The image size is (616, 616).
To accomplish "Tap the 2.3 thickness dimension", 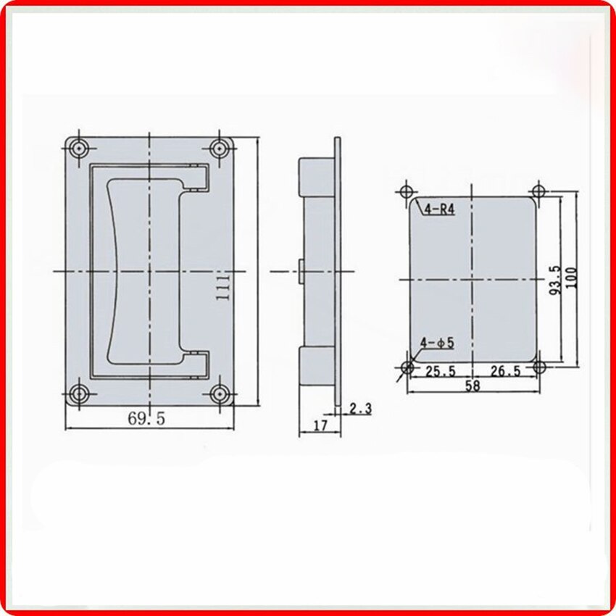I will coord(359,409).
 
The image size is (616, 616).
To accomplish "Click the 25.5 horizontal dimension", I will coord(440,371).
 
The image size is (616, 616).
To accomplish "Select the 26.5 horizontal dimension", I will coord(504,371).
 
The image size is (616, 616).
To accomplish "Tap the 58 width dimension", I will coord(472,386).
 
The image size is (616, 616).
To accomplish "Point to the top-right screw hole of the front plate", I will coord(218,149).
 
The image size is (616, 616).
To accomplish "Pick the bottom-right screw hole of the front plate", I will coord(218,394).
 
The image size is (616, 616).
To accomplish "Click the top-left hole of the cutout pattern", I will coord(407,192).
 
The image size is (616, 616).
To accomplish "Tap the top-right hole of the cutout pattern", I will coord(538,192).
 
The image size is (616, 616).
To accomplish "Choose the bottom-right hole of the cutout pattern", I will coord(538,367).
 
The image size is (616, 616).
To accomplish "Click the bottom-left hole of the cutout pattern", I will coord(407,367).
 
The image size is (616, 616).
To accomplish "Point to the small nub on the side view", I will coord(299,270).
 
